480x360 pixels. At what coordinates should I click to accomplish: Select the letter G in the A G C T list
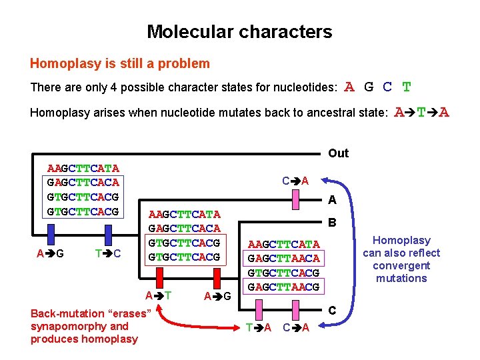pyautogui.click(x=369, y=87)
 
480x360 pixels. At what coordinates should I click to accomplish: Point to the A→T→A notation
pyautogui.click(x=422, y=112)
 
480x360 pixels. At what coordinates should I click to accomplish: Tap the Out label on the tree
pyautogui.click(x=338, y=153)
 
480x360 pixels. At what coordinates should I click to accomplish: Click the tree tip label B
pyautogui.click(x=331, y=224)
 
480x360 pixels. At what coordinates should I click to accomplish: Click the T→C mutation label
pyautogui.click(x=107, y=253)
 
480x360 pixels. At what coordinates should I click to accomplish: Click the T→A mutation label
pyautogui.click(x=258, y=327)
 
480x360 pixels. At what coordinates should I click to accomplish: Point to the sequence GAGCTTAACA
pyautogui.click(x=284, y=258)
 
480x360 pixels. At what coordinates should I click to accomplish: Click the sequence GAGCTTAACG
pyautogui.click(x=284, y=287)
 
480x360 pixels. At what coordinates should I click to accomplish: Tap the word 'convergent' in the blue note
pyautogui.click(x=401, y=265)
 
